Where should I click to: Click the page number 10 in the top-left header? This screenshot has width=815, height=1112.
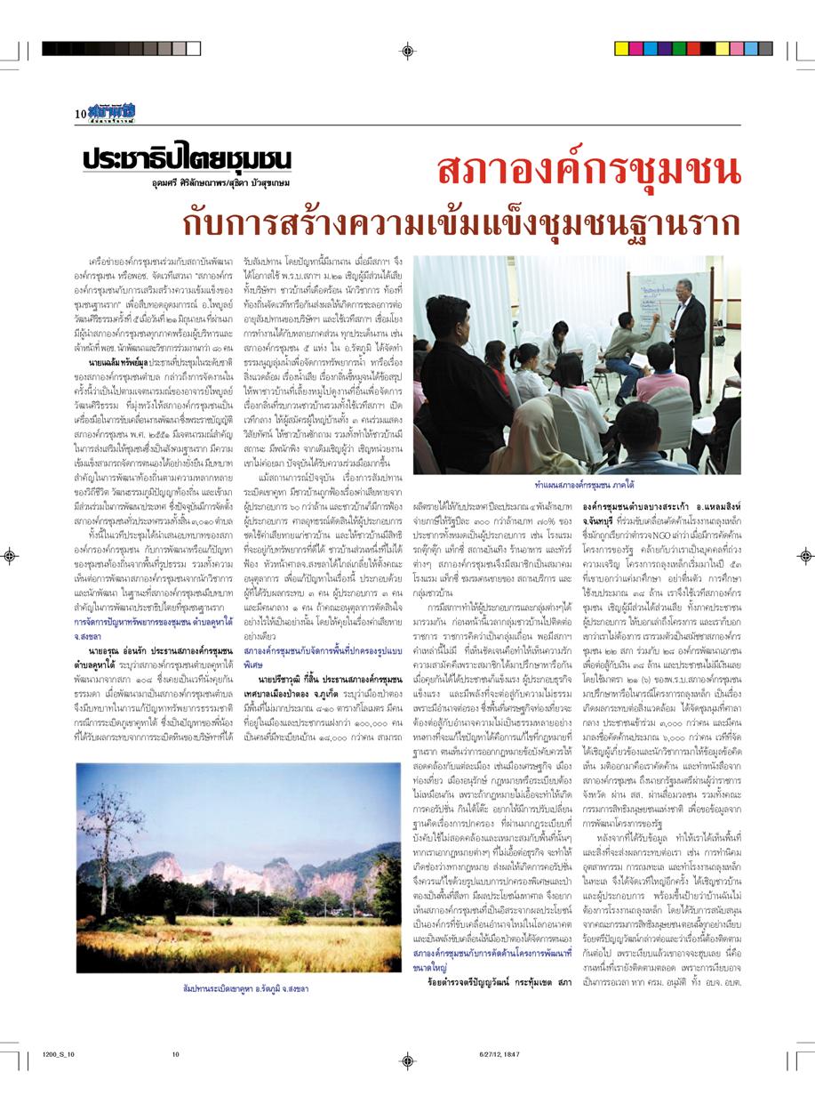click(79, 113)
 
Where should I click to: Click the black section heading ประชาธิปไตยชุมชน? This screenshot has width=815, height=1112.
click(186, 157)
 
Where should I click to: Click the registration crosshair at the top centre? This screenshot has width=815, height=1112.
click(407, 50)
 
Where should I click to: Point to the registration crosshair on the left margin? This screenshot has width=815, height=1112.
click(11, 556)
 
